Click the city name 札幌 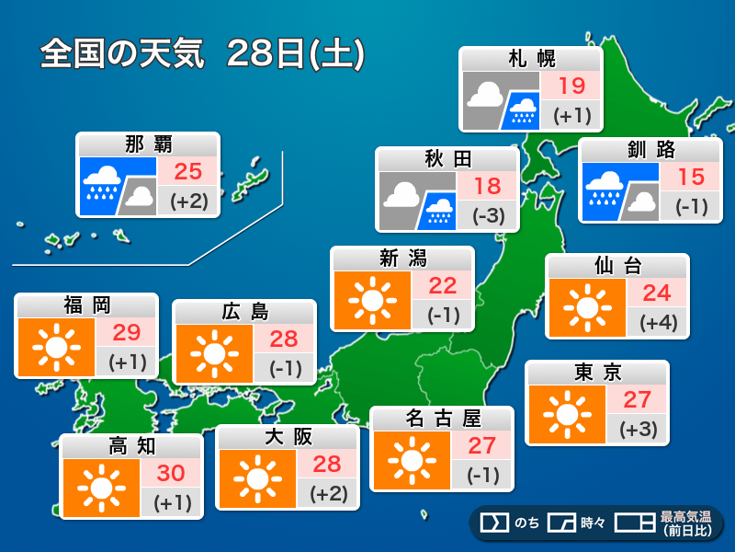(x=532, y=59)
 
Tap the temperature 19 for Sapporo (x=571, y=86)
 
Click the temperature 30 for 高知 (x=171, y=473)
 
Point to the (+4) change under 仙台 (x=657, y=324)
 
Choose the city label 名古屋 (x=442, y=419)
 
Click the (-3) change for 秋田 (x=487, y=217)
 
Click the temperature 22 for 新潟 (x=442, y=285)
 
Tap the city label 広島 (x=244, y=312)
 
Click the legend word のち (x=526, y=523)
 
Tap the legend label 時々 (x=593, y=523)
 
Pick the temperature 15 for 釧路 (x=690, y=178)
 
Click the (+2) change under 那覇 (x=187, y=200)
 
